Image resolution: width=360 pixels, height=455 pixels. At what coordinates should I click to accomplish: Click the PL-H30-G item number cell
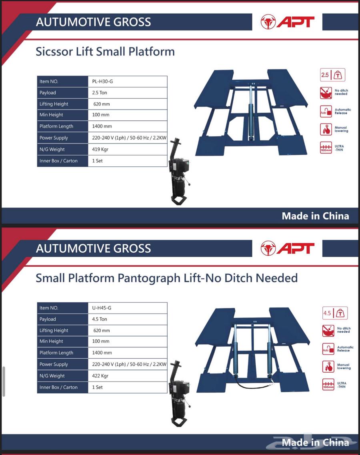[x=128, y=82]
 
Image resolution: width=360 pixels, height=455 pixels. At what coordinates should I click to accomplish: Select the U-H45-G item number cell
[x=128, y=308]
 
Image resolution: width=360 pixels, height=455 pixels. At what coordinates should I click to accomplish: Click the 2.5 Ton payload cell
[x=128, y=93]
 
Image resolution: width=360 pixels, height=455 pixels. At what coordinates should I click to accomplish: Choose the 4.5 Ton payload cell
[x=128, y=319]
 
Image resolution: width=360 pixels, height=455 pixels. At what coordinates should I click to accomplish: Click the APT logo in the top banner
[x=288, y=22]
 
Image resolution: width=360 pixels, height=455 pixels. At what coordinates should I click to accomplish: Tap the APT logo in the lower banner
[x=288, y=248]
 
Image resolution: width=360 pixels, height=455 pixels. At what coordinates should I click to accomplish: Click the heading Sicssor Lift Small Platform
[x=105, y=52]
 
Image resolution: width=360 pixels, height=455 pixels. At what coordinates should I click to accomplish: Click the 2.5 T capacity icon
[x=332, y=75]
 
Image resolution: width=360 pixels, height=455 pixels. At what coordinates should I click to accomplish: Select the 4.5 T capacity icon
[x=335, y=313]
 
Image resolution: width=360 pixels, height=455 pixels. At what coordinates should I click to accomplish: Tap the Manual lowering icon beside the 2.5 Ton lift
[x=326, y=130]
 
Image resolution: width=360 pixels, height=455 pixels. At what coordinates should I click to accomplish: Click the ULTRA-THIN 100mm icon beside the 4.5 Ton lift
[x=328, y=385]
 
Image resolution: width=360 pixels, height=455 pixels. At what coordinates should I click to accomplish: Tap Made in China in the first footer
[x=315, y=216]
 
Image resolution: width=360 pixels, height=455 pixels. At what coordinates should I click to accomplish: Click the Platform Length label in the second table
[x=56, y=353]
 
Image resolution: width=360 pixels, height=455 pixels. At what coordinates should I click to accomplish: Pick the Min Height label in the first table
[x=51, y=115]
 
